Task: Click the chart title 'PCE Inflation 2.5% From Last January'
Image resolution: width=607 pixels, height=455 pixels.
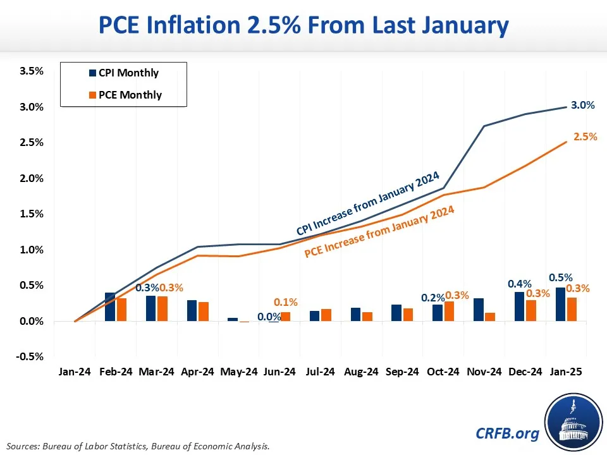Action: click(303, 26)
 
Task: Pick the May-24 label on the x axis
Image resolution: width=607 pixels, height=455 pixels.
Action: click(238, 372)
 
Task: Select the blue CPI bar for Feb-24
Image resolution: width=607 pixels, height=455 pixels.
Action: click(110, 307)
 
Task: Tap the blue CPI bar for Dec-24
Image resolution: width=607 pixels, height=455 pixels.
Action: click(519, 306)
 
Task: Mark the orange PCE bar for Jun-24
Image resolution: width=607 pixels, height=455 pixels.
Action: click(285, 317)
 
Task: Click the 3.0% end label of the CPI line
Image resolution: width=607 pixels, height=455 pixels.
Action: click(582, 106)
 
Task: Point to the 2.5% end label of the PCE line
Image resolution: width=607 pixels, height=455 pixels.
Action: click(585, 136)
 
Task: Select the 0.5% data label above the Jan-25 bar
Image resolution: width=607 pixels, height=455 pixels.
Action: click(561, 277)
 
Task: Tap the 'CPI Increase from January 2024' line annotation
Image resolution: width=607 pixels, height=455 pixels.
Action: click(367, 203)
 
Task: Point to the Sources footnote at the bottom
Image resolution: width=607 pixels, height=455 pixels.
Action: click(140, 446)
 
